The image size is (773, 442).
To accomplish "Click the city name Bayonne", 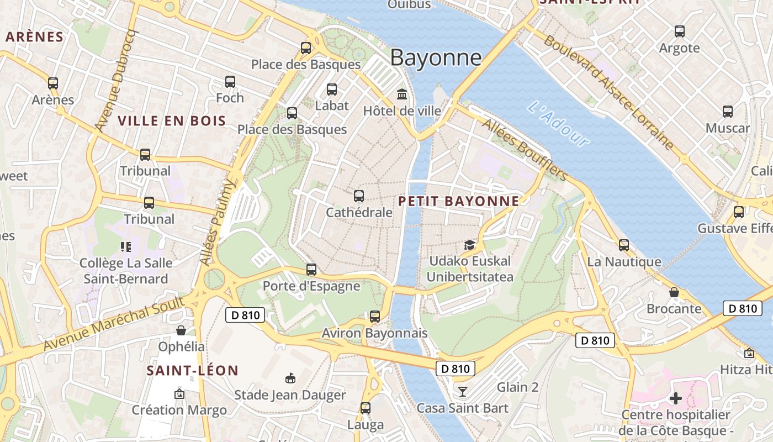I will coord(436,58).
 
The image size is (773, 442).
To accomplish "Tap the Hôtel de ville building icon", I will coord(402,94).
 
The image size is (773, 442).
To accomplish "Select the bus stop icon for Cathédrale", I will coord(359,196).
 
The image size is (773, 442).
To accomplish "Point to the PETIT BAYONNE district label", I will coord(458,201).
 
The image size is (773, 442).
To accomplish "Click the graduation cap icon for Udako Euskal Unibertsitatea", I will coord(469,245).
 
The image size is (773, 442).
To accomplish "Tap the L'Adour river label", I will coord(558,123).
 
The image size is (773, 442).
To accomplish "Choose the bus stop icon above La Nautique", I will coord(624,245).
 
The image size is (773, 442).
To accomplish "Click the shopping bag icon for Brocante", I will coord(674,292).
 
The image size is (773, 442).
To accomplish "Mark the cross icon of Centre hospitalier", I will coord(676,398).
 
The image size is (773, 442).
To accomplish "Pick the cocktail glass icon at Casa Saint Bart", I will coord(463,392).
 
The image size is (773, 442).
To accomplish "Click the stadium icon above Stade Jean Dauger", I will coord(290,378).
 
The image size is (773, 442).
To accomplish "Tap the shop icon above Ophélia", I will coord(181,330).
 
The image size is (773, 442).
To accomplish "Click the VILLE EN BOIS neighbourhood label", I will coord(172,121).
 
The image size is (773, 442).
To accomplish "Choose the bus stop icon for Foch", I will coord(230,82).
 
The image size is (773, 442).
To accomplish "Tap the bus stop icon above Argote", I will coord(680,31).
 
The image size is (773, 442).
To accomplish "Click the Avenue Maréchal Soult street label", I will coord(113,324).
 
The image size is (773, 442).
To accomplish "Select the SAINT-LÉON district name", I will coord(192,370).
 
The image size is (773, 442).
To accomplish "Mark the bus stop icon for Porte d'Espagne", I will coord(311,270).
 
